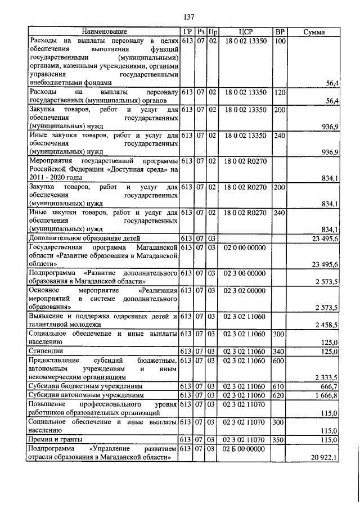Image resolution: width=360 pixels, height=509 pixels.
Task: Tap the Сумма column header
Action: coord(313,32)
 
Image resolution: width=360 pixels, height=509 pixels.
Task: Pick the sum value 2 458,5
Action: coord(325,325)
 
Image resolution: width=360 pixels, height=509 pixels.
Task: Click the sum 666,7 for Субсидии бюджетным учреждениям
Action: coord(327,387)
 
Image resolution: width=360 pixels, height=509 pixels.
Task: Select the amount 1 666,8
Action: coord(325,396)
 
